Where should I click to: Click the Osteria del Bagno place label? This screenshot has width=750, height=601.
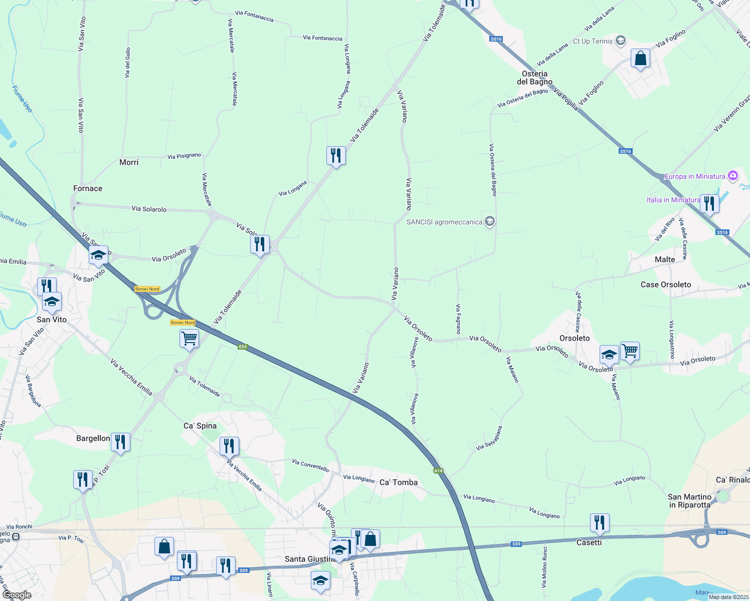(534, 78)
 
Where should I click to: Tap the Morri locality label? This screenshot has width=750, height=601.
(129, 162)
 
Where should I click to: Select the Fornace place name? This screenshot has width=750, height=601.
(88, 188)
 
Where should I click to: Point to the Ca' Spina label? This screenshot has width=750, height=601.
(200, 426)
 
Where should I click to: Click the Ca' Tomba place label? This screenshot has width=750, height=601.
(399, 482)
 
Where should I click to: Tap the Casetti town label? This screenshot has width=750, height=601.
(589, 542)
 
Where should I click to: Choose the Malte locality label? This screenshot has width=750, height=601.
(665, 259)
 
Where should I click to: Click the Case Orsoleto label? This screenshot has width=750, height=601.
(666, 284)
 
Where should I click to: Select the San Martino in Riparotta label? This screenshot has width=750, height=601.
(689, 501)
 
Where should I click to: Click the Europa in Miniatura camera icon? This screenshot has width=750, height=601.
(733, 176)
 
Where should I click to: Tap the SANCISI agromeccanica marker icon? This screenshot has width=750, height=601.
(490, 221)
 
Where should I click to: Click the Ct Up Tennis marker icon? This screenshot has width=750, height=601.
(621, 41)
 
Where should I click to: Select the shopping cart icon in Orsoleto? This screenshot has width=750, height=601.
(630, 351)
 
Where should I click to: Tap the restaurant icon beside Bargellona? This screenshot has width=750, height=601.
(120, 442)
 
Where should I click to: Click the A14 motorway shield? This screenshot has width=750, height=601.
(438, 471)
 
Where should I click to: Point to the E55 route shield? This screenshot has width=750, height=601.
(243, 347)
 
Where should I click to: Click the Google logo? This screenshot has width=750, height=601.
(17, 595)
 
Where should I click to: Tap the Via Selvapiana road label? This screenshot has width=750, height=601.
(489, 438)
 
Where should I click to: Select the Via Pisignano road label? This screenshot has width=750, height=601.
(184, 156)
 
